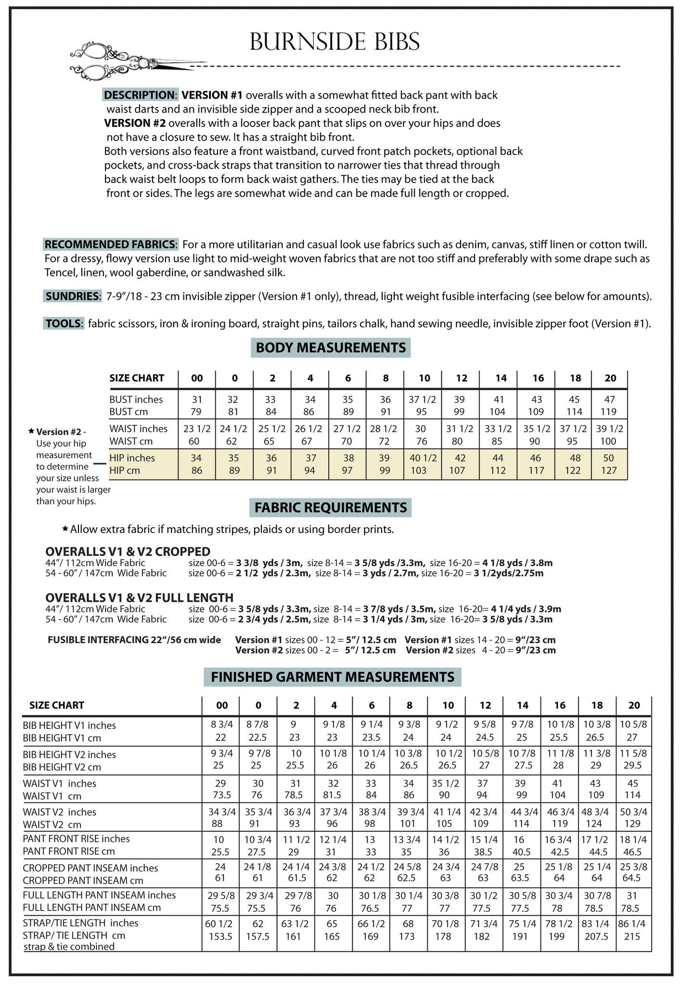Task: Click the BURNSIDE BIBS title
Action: click(x=335, y=42)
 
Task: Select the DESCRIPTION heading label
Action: click(x=140, y=95)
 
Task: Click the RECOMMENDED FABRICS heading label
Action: click(x=111, y=245)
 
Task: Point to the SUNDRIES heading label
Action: click(x=73, y=296)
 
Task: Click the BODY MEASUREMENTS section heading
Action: click(x=331, y=348)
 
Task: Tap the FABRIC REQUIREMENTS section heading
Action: click(x=331, y=507)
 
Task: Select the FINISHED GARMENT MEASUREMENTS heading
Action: click(x=332, y=677)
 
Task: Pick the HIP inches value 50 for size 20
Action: click(x=608, y=458)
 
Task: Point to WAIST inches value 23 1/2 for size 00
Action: click(x=197, y=429)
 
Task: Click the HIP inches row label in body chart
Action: click(x=132, y=458)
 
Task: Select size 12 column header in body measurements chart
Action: click(x=461, y=378)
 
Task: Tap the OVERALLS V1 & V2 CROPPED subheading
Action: click(x=128, y=552)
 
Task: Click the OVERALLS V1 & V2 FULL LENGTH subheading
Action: click(x=139, y=597)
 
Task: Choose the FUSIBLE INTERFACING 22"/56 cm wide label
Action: click(x=134, y=640)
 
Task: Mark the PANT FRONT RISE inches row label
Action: click(x=76, y=839)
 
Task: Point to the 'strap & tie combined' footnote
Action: click(x=69, y=947)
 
